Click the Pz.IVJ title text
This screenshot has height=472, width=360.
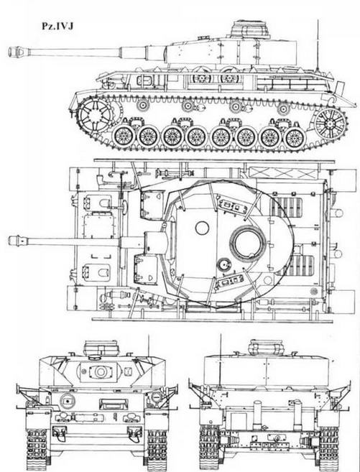point(57,26)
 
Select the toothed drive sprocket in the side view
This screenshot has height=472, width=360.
point(96,114)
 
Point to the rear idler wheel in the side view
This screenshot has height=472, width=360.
point(331,124)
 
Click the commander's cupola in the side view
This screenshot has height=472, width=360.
point(250,29)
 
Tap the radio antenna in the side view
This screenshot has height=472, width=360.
point(318,45)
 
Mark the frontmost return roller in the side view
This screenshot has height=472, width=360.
point(142,106)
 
